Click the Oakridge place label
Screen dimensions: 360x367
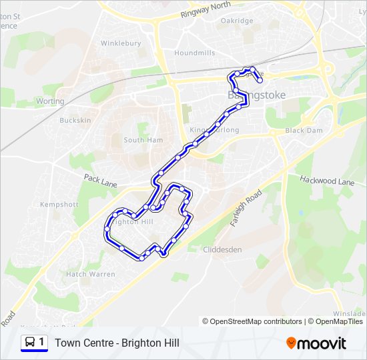(237, 21)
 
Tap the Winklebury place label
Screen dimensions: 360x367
(121, 43)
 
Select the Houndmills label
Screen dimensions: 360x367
(194, 53)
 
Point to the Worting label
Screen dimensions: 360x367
(50, 101)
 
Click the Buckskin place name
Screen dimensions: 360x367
(75, 121)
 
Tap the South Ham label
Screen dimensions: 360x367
(143, 140)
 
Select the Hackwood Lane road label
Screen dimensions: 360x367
(327, 181)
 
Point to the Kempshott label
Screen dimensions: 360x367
(59, 205)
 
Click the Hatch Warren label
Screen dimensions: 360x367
(90, 274)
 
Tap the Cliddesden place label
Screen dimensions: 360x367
(222, 249)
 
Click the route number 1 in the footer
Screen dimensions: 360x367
(42, 342)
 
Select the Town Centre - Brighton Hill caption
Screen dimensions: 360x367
(117, 343)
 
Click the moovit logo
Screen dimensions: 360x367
(316, 343)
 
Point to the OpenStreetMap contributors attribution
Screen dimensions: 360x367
(252, 321)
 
